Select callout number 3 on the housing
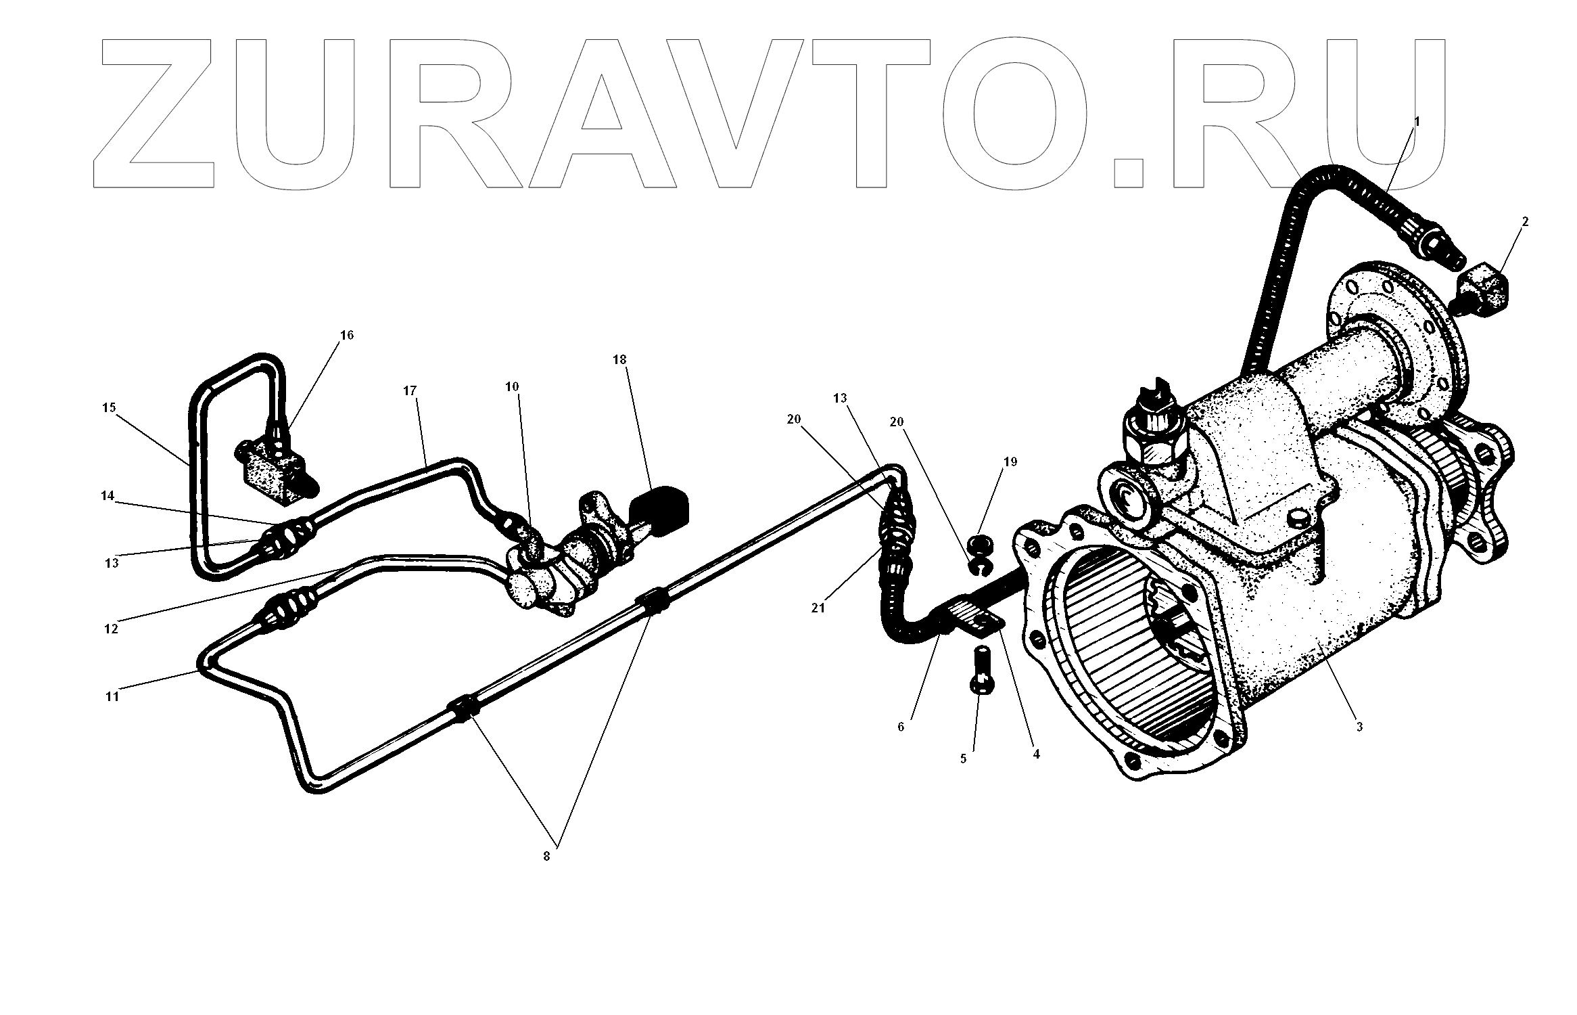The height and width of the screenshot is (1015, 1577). coord(1359,727)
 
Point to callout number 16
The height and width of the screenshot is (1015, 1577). coord(347,335)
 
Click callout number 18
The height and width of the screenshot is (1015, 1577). coord(620,360)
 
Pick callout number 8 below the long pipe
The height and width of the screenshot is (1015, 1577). coord(546,856)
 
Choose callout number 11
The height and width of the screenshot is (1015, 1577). coord(112,696)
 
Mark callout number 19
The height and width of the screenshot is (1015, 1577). coord(1010,462)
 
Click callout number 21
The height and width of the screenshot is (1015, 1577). coord(818,608)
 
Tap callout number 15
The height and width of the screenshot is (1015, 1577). coord(110,407)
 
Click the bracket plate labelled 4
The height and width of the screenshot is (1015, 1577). coord(977,621)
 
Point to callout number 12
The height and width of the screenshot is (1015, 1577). coord(111,629)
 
